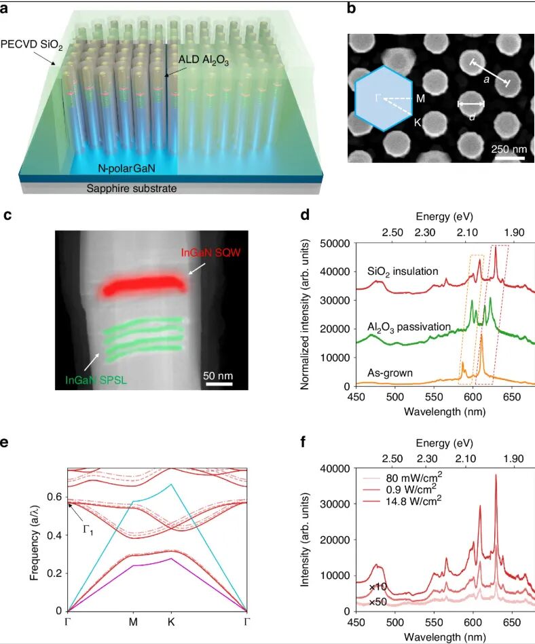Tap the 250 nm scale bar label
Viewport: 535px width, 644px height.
tap(509, 149)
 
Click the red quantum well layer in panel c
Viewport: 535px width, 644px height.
tap(145, 286)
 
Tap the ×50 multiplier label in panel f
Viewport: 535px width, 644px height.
tap(377, 601)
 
